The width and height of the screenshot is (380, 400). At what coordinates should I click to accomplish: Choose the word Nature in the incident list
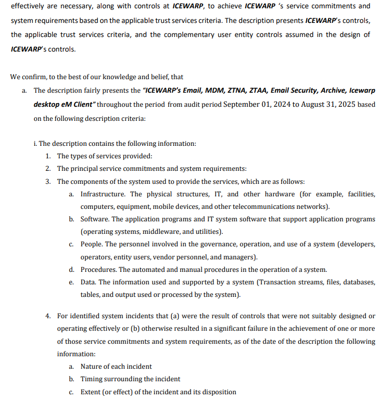92,367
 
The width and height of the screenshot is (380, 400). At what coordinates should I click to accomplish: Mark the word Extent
92,392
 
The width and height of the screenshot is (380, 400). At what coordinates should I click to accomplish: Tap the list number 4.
47,316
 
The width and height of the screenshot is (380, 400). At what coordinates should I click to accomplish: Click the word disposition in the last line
218,392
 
